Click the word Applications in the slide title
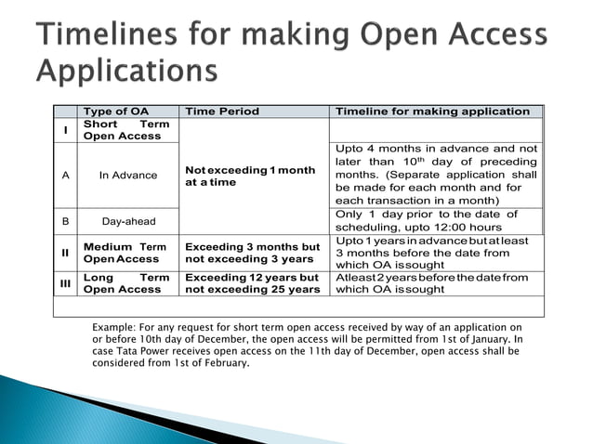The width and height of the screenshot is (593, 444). pos(127,71)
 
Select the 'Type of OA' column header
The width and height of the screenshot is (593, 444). pos(114,111)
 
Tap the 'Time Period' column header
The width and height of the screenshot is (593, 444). pos(222,111)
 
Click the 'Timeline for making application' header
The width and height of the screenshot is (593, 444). pos(432,111)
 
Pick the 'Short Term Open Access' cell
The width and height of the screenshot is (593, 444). pos(126,130)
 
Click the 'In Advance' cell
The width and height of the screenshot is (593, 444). pos(128,175)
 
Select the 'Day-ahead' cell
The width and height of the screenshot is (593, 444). pos(128,221)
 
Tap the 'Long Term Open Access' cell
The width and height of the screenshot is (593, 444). pos(126,283)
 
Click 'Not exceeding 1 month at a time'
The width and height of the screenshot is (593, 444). pos(250,176)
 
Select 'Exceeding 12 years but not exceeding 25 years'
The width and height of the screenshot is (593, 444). pos(252,283)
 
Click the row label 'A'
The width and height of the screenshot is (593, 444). pos(65,175)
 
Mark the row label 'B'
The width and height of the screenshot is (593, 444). pos(65,221)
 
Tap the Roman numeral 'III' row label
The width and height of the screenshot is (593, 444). pos(65,282)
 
